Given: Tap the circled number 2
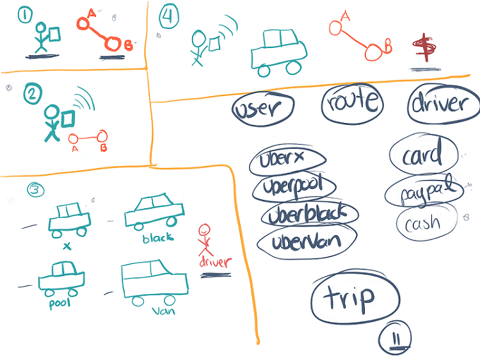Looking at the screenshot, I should tap(31, 94).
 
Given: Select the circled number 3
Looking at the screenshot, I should tap(37, 190).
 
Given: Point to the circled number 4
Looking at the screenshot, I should tap(169, 15).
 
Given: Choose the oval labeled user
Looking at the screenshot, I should tap(262, 108).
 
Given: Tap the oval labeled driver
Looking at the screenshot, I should tap(444, 104).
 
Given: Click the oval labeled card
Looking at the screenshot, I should tap(424, 155).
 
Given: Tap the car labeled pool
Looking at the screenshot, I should tap(61, 279).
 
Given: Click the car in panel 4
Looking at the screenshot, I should tap(278, 49).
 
